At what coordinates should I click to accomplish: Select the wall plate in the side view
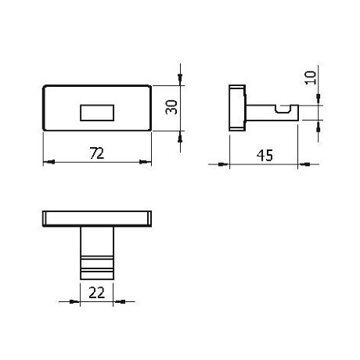pos(235,106)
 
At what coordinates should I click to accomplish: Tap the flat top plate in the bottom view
pos(97,217)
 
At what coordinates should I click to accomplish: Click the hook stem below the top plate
pos(97,250)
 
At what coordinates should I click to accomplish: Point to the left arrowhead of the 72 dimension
pos(47,162)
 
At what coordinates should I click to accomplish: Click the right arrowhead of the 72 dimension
pos(147,162)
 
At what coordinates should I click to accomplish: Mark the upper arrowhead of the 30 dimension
pos(182,81)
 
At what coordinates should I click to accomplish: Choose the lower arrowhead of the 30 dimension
pos(182,135)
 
